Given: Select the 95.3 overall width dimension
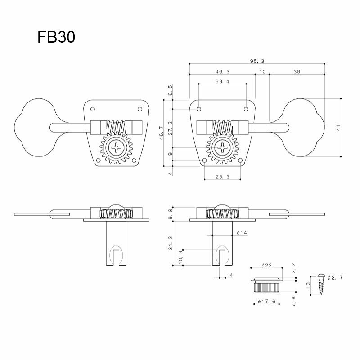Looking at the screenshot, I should pyautogui.click(x=257, y=60).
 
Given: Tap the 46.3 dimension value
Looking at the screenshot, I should pyautogui.click(x=222, y=71).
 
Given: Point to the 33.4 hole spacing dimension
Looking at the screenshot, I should pyautogui.click(x=222, y=81).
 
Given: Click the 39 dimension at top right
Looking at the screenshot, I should pyautogui.click(x=297, y=71).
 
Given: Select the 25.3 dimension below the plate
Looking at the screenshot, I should pyautogui.click(x=222, y=177).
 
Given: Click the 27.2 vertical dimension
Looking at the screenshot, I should pyautogui.click(x=170, y=128).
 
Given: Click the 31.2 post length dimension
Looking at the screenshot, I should pyautogui.click(x=170, y=244).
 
